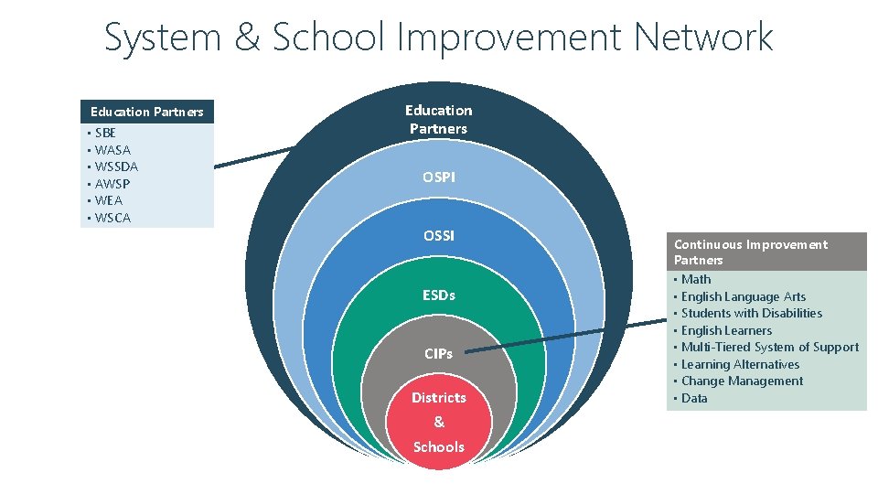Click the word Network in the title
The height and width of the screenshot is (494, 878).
703,38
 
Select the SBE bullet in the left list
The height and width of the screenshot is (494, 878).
105,133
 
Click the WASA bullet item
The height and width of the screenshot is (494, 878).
112,150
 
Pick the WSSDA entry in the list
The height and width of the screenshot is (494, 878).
116,166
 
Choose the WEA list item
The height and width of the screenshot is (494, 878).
109,200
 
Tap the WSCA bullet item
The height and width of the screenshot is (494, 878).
112,218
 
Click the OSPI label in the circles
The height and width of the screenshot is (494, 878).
439,177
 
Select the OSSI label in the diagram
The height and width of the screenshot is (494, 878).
439,236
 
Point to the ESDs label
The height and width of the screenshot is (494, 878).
439,295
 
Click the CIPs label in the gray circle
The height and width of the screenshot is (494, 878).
439,353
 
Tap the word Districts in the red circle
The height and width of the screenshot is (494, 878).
439,398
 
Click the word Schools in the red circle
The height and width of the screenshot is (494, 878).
439,447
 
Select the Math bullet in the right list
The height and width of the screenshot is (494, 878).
695,279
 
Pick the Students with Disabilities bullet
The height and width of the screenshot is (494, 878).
751,313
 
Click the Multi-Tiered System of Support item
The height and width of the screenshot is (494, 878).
769,347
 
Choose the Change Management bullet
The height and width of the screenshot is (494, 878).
742,381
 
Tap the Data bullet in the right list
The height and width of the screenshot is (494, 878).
694,398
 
